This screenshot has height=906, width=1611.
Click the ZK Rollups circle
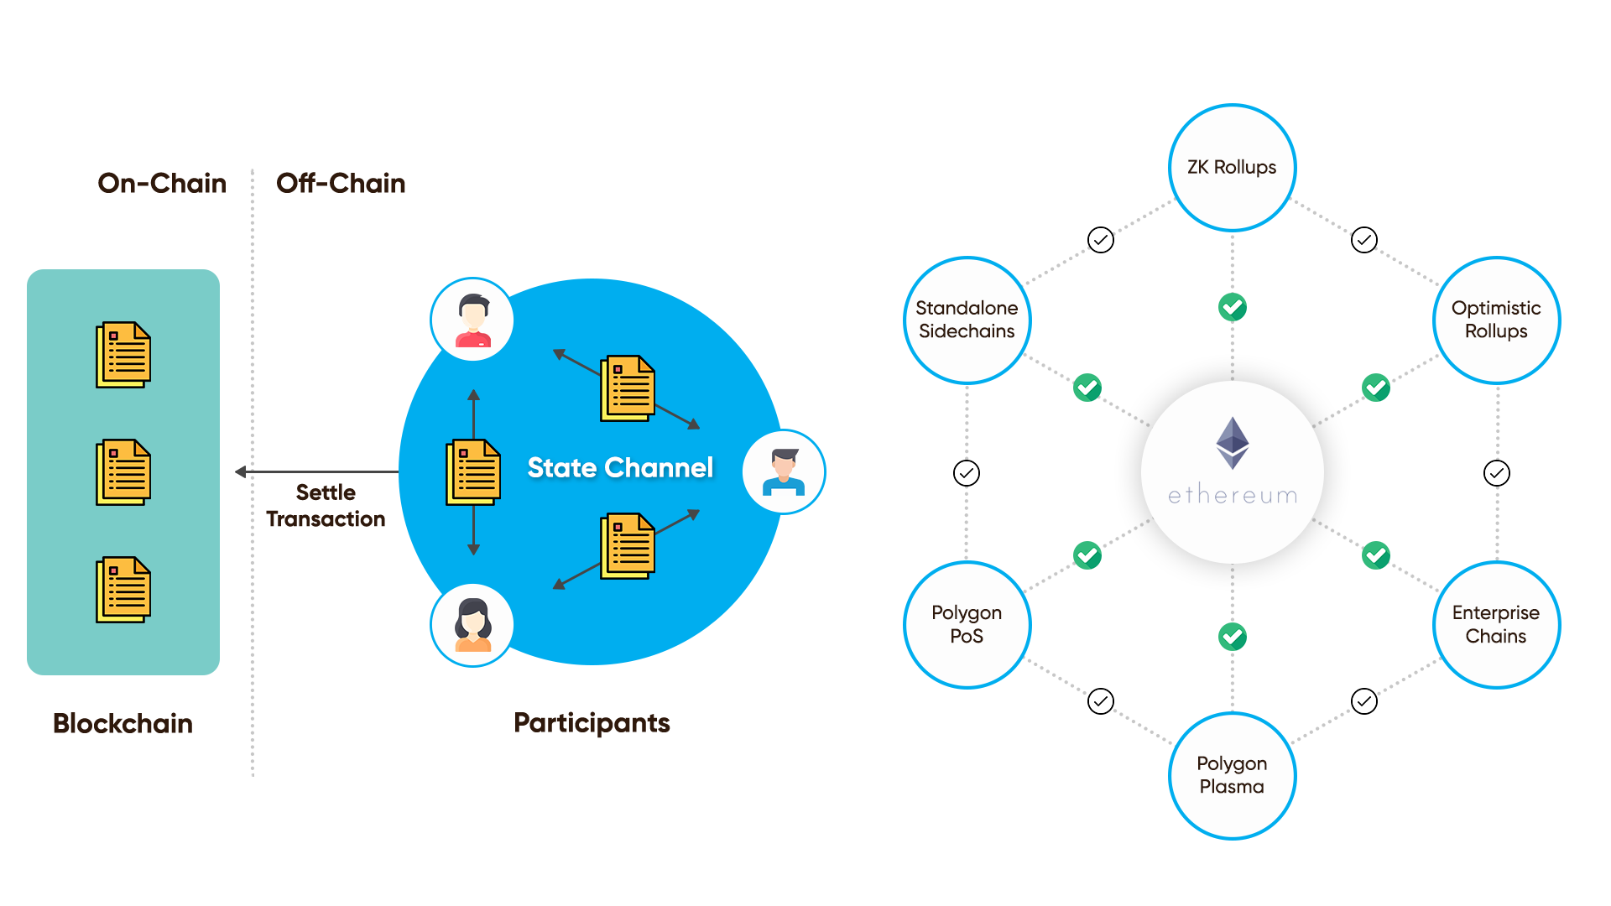(x=1231, y=168)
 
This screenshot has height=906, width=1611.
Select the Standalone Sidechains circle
(x=967, y=320)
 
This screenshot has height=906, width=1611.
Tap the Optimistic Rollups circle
(x=1496, y=320)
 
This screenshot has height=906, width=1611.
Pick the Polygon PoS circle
(x=967, y=624)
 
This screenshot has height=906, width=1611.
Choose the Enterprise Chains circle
(x=1496, y=624)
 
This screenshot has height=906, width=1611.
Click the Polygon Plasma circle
(x=1231, y=775)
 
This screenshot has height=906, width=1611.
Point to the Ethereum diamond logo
(x=1232, y=442)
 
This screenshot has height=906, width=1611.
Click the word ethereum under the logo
(x=1232, y=496)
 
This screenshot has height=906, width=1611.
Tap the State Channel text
(x=620, y=467)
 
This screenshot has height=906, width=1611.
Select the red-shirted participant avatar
(x=472, y=320)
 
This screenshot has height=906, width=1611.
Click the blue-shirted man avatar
(x=784, y=471)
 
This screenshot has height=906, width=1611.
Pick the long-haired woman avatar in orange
(x=472, y=625)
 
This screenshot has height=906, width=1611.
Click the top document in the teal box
(x=123, y=355)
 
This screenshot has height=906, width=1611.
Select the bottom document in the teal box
(x=123, y=590)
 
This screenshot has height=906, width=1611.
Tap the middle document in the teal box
(x=123, y=472)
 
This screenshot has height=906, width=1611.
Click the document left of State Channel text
(x=473, y=471)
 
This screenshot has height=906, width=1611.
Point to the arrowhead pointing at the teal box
(x=239, y=471)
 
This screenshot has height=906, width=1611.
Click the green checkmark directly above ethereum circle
(x=1232, y=307)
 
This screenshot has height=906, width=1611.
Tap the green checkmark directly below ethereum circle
(x=1232, y=637)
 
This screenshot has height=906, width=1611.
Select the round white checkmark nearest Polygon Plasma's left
(x=1100, y=701)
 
